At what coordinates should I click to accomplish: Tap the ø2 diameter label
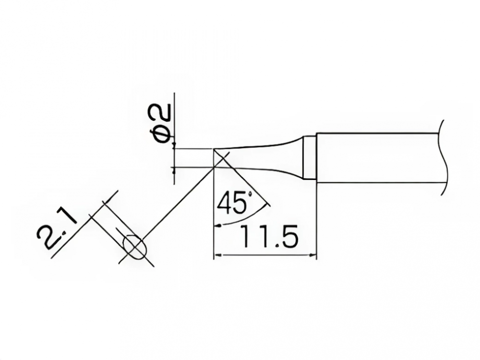162,122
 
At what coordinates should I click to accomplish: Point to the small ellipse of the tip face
134,247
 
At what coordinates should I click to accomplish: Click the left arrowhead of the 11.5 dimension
217,254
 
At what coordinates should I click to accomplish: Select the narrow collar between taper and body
309,158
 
